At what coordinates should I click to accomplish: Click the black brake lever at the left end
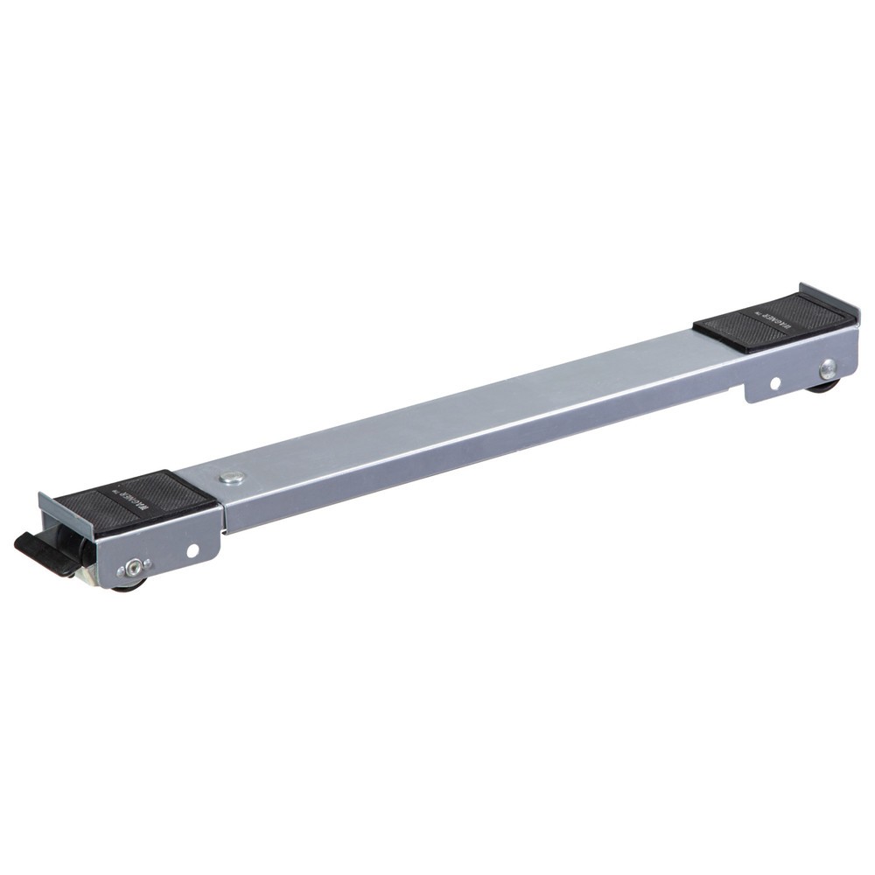[39, 551]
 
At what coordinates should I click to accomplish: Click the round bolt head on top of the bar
[232, 477]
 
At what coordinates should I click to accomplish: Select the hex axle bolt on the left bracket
[133, 568]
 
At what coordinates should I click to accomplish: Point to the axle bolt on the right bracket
[827, 368]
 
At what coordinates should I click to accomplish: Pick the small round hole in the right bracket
[774, 382]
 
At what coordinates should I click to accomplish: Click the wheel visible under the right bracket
[825, 386]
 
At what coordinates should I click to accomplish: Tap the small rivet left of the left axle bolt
[121, 573]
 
